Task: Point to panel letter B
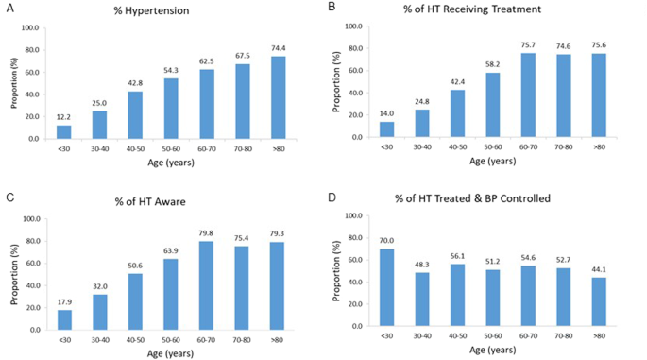331,7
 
